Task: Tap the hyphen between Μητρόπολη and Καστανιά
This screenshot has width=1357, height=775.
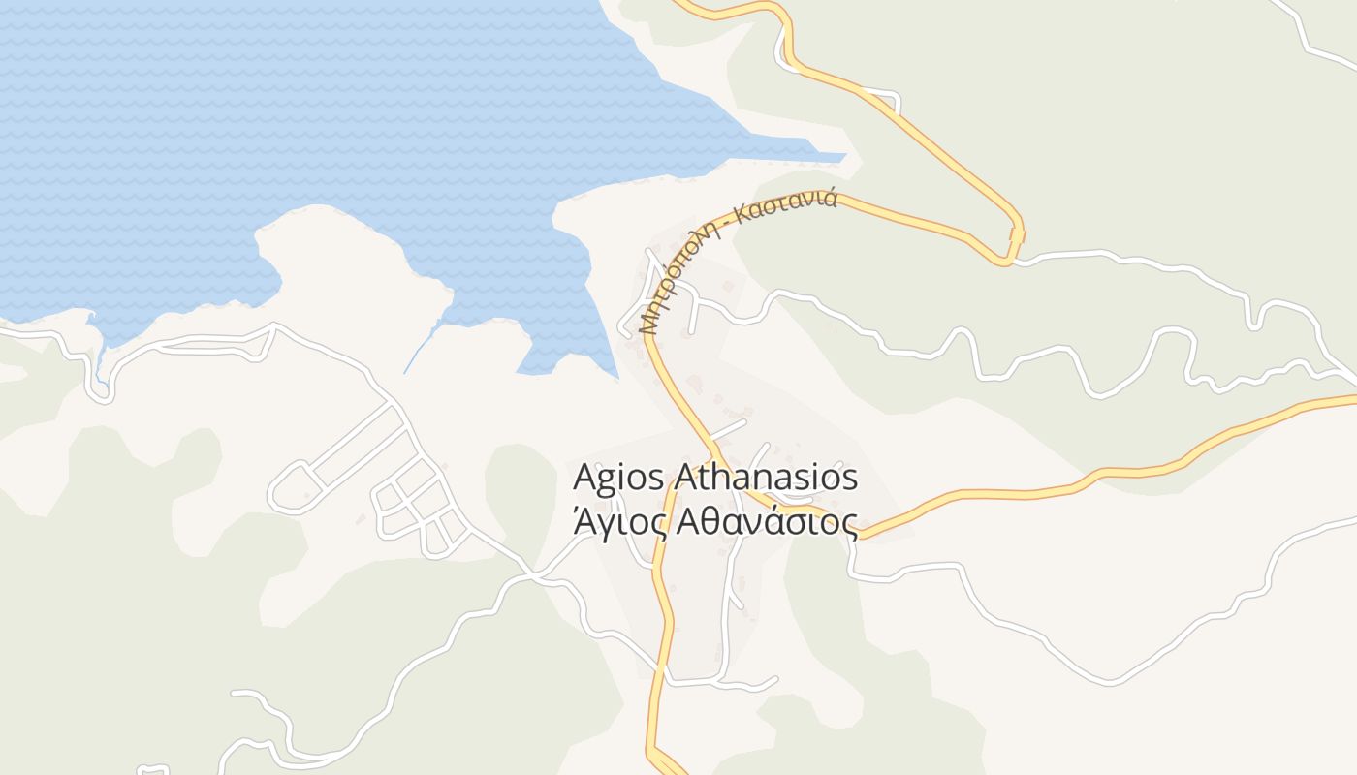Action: pyautogui.click(x=731, y=229)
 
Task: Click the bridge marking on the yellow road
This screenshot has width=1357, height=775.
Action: pyautogui.click(x=1017, y=235)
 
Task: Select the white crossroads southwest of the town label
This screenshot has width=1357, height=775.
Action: pyautogui.click(x=532, y=575)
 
